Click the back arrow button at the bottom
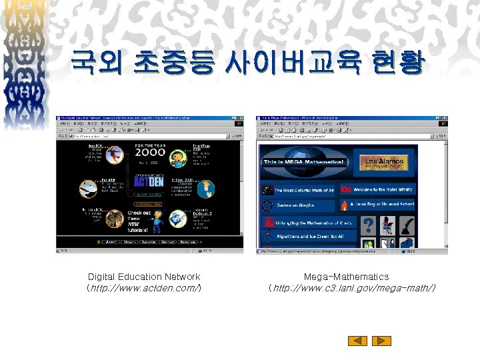coord(358,341)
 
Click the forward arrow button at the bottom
coord(381,341)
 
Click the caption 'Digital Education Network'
coord(144,277)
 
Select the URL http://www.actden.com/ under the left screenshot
coord(144,288)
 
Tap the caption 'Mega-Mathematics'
coord(346,277)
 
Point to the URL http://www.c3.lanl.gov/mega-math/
coord(351,288)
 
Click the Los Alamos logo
coord(383,162)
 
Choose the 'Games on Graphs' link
coord(297,205)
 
